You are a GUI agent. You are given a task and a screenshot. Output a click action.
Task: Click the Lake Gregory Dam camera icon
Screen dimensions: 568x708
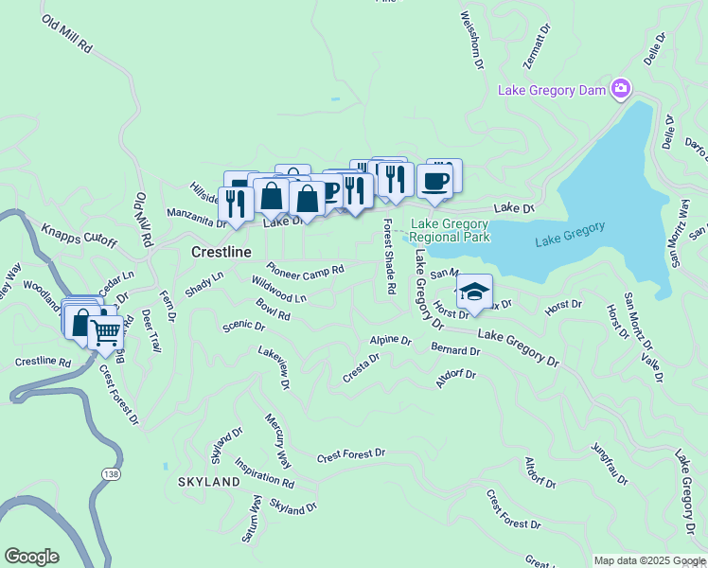click(621, 89)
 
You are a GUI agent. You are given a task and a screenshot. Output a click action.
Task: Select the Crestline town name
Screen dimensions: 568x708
click(221, 253)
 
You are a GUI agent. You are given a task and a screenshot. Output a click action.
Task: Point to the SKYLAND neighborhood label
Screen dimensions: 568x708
click(208, 482)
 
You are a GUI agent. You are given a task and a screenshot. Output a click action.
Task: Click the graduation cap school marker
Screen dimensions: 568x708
click(474, 292)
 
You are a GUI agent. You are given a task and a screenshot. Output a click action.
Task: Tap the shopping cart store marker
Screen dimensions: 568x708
click(105, 331)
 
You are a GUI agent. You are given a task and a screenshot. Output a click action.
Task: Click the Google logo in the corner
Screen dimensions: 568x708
click(31, 557)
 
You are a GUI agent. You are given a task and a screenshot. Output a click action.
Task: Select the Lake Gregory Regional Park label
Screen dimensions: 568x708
click(451, 231)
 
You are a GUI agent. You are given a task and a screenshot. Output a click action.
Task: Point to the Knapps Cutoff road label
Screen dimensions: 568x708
click(79, 236)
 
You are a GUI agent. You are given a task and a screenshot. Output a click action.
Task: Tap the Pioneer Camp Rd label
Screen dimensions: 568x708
click(305, 268)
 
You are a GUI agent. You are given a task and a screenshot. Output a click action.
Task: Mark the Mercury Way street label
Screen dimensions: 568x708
click(277, 440)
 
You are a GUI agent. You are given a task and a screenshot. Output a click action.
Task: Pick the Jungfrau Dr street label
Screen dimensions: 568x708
click(609, 463)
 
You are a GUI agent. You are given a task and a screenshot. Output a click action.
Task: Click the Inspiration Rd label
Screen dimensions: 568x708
click(264, 473)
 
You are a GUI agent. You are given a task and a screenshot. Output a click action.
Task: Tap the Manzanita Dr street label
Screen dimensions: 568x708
click(197, 217)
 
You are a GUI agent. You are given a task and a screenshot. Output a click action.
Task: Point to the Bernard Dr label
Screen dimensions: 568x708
click(455, 350)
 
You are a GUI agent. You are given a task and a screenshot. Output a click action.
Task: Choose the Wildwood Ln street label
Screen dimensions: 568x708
click(278, 290)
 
